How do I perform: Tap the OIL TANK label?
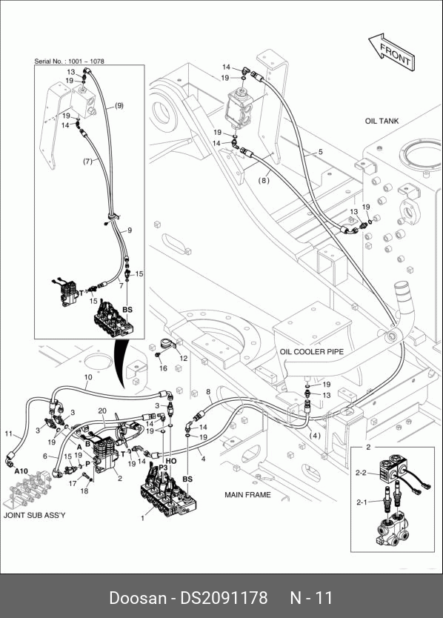(382, 121)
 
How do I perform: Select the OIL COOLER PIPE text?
(311, 351)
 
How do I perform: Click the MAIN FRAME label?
(247, 495)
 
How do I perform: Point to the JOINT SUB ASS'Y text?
(35, 515)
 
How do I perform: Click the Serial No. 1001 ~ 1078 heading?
(70, 61)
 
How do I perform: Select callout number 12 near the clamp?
(184, 358)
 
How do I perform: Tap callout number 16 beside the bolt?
(163, 368)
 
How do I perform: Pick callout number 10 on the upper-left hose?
(88, 377)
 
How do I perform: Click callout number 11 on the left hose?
(9, 434)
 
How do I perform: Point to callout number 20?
(102, 411)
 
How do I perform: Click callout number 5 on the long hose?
(321, 152)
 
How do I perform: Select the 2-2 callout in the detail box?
(361, 473)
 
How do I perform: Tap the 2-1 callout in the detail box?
(361, 502)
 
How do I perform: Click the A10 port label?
(21, 471)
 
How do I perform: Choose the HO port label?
(171, 461)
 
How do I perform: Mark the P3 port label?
(163, 468)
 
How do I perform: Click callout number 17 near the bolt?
(73, 483)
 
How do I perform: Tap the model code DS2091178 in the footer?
(224, 597)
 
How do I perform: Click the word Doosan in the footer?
(138, 597)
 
